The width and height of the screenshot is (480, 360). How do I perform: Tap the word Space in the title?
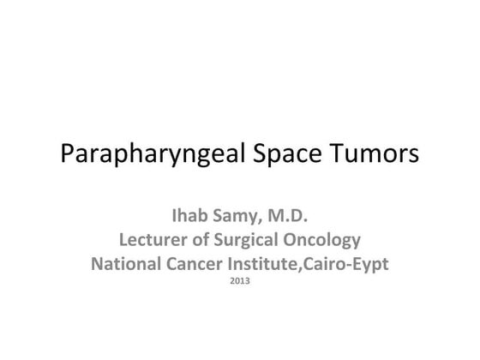(x=279, y=157)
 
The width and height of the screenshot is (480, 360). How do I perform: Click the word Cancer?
(x=201, y=263)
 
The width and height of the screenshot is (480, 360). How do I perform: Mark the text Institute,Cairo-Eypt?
(x=312, y=263)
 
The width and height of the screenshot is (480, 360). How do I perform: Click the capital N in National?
(x=97, y=263)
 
